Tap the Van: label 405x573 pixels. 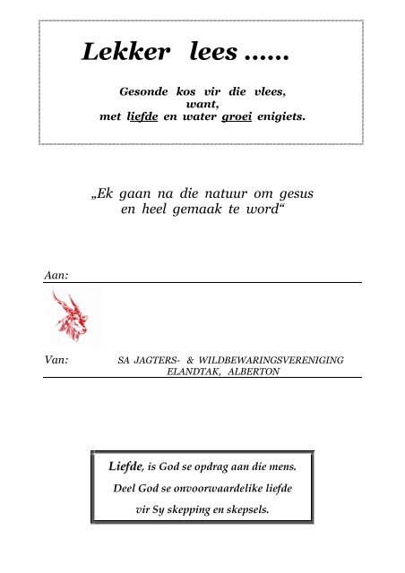click(57, 358)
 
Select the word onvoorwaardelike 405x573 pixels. click(212, 489)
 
